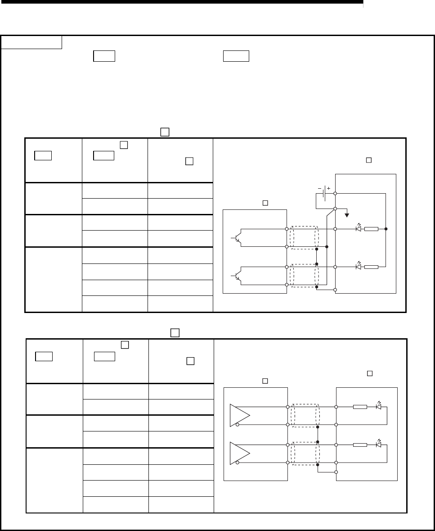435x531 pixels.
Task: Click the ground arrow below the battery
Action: [x=346, y=214]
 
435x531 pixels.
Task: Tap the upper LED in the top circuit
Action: [x=359, y=228]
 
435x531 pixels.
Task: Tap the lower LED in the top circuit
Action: [x=359, y=267]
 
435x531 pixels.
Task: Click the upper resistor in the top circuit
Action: [x=372, y=229]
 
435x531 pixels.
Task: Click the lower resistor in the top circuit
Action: [x=372, y=267]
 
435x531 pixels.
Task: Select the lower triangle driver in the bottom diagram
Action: [x=238, y=453]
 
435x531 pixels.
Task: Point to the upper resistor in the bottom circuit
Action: [x=360, y=407]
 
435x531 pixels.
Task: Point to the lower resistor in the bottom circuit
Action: [x=360, y=445]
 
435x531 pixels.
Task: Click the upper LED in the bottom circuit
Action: [x=378, y=406]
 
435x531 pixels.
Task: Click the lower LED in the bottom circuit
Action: [x=378, y=445]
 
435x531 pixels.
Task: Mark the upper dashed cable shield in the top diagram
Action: [x=304, y=237]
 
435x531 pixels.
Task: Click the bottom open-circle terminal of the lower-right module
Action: [x=336, y=472]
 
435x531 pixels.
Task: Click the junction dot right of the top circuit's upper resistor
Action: [x=386, y=229]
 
